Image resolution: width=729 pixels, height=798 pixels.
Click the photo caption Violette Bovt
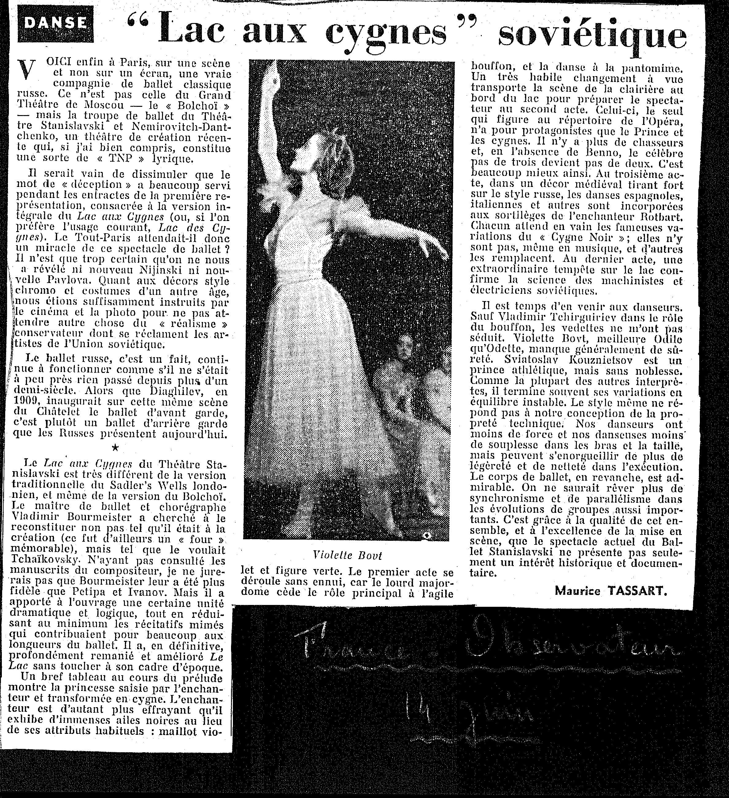[347, 555]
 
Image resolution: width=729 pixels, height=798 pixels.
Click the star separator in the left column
[115, 448]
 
